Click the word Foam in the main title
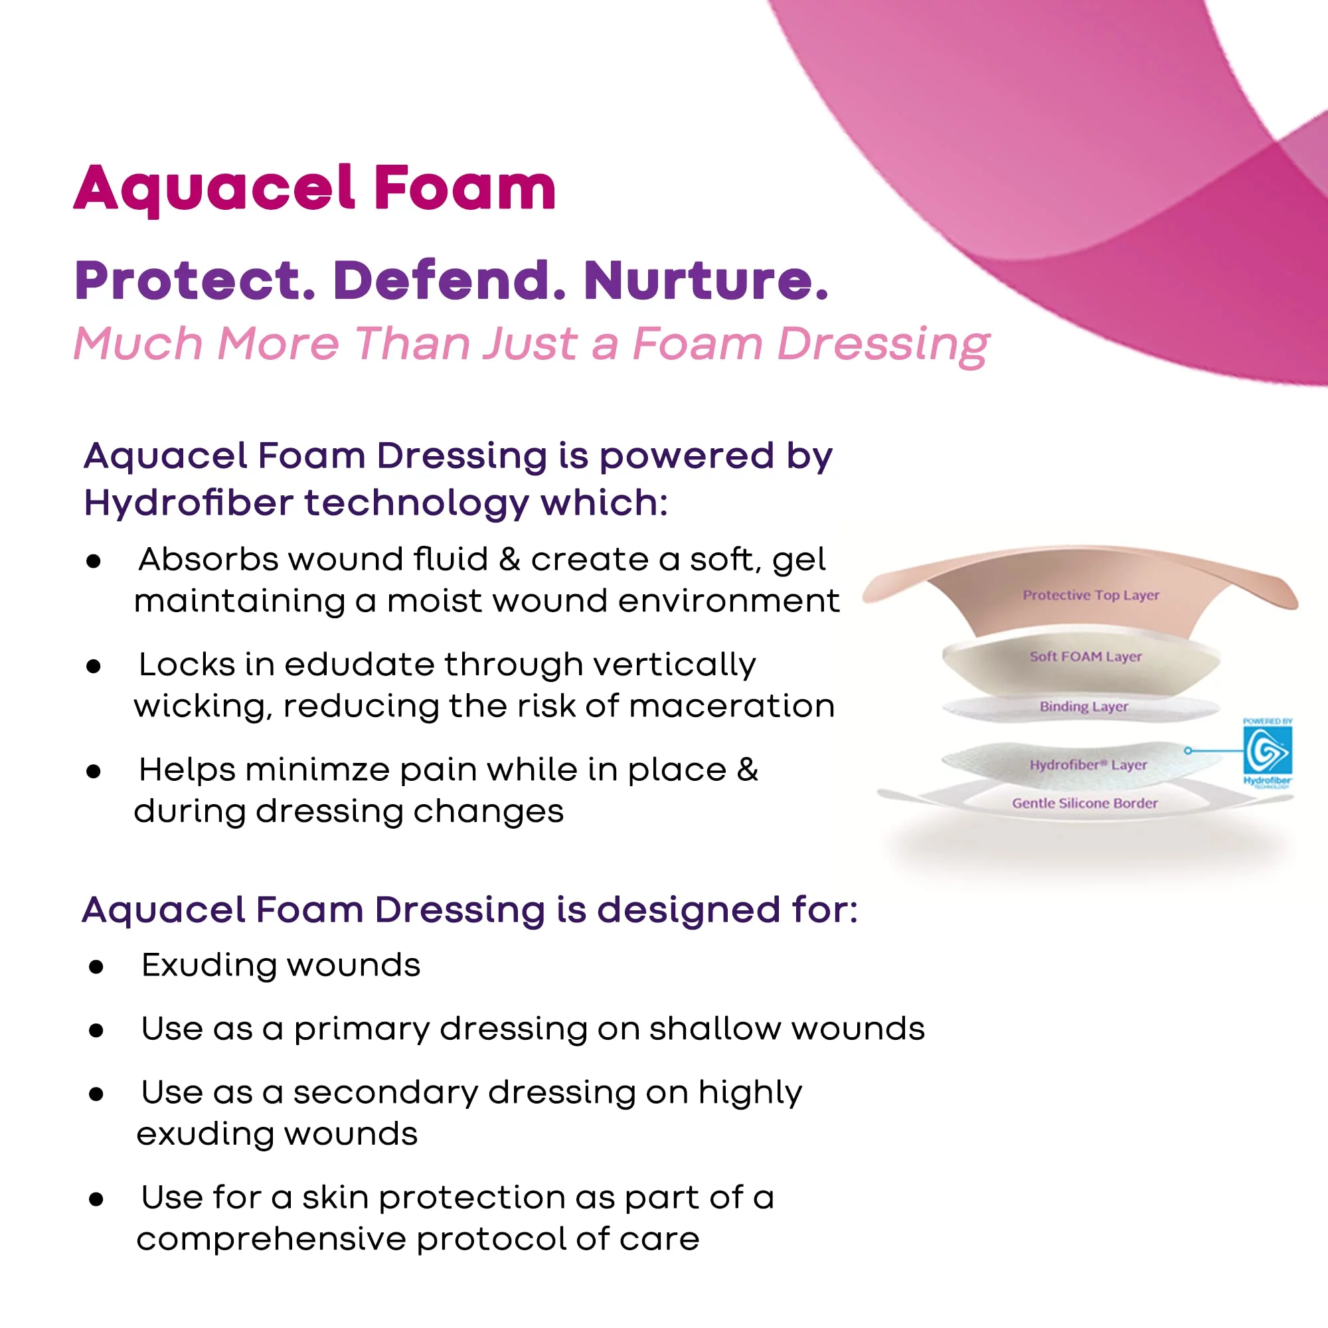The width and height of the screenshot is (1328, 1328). coord(465,188)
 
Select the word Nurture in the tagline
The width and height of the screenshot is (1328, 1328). coord(705,280)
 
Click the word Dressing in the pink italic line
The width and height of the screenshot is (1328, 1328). coord(883,344)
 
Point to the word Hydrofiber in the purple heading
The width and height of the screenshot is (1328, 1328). coord(189,503)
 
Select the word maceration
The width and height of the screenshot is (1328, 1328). coord(732,706)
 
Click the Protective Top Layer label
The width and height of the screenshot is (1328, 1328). coord(1090,595)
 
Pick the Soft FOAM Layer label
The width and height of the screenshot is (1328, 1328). coord(1086,657)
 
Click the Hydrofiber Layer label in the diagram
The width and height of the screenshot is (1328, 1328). coord(1088,765)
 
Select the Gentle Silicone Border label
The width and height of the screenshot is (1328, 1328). coord(1085,803)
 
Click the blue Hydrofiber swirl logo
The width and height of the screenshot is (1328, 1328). coord(1267,750)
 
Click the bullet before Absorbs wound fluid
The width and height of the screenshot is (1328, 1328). coord(94,561)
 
